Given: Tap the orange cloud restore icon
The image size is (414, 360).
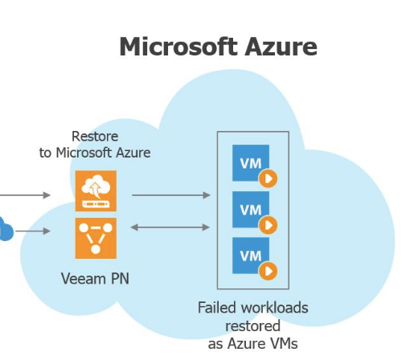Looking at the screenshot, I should (96, 191).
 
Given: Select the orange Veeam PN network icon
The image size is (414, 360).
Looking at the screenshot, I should (96, 238).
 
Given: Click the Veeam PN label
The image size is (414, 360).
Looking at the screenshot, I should (95, 279).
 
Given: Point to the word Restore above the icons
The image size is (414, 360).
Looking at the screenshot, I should (95, 137).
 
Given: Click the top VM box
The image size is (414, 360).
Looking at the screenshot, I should (250, 163).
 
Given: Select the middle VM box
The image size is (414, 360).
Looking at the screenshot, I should (250, 210).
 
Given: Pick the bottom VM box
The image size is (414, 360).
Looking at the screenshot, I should (250, 256).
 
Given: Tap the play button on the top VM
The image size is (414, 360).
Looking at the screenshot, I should (268, 178).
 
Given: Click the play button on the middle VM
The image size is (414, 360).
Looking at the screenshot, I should (268, 224).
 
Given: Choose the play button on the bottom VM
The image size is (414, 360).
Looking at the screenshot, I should (268, 271).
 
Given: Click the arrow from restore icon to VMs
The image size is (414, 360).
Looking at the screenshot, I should (170, 194).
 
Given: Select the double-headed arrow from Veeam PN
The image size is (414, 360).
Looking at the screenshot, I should (170, 227).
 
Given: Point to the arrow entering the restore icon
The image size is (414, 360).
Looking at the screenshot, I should (24, 194).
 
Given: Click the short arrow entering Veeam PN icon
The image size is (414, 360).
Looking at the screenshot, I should (32, 232).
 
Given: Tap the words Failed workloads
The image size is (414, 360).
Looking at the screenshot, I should (253, 308).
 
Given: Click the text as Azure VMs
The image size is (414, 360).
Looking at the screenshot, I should (253, 343).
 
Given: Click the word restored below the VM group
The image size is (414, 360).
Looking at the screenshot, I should (253, 325).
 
